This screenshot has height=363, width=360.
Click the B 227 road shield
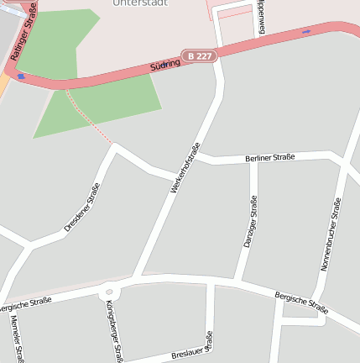point(201,56)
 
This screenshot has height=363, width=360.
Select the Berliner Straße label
point(270,158)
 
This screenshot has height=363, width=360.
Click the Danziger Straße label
point(249,220)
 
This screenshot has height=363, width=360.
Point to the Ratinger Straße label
point(24,29)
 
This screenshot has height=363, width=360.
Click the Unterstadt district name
point(138,3)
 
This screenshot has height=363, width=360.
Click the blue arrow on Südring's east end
point(305,32)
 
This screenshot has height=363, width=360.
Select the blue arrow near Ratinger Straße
point(20,76)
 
